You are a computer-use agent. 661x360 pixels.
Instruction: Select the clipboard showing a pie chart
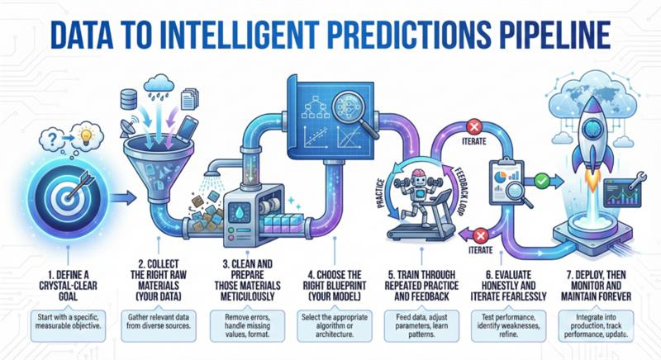tap(505, 174)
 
